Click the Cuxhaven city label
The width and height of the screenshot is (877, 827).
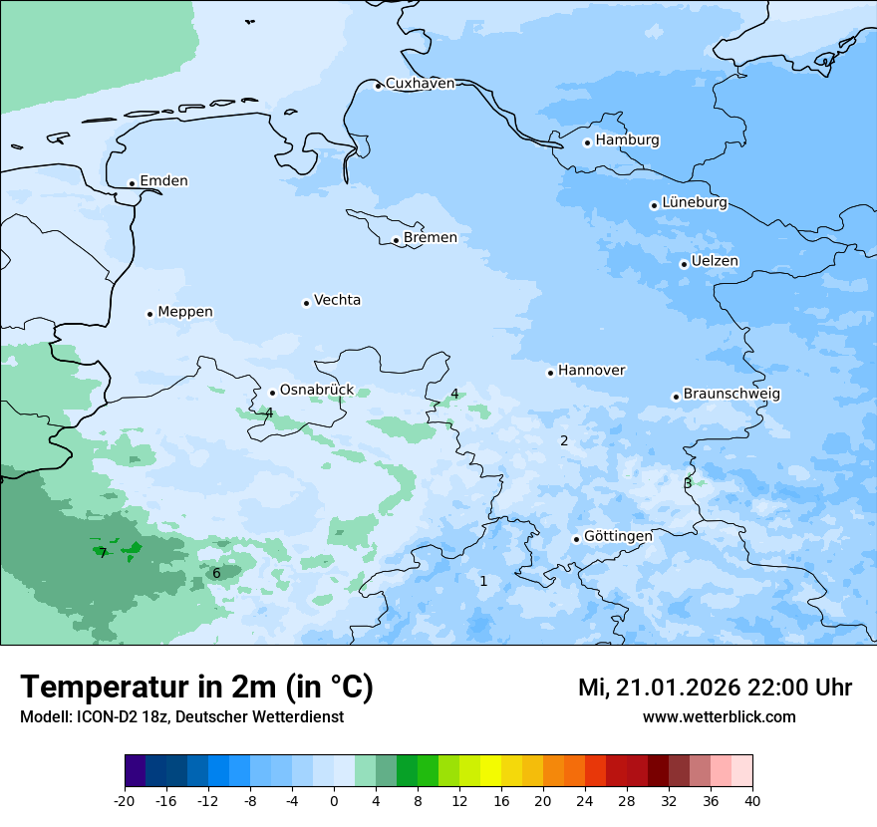[420, 84]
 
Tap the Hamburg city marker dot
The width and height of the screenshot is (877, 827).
[588, 142]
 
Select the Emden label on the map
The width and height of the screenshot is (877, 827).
[163, 181]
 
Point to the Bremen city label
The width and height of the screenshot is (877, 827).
[431, 238]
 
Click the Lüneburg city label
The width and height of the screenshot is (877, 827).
[695, 203]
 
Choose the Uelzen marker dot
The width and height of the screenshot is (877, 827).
[685, 264]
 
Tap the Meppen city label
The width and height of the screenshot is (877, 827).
[185, 312]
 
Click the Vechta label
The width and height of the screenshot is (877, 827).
[337, 300]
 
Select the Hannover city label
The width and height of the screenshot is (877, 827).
[591, 371]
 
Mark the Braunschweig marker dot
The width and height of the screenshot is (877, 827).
[676, 397]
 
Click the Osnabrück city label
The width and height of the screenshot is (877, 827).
[317, 391]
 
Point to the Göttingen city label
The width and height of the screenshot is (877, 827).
[618, 536]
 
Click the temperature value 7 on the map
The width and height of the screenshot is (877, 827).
[103, 553]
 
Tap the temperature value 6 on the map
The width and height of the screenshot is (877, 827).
[216, 573]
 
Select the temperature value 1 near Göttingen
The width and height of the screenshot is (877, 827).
[484, 581]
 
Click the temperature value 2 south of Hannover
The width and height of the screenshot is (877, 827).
[564, 440]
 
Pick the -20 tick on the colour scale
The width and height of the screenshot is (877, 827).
[125, 801]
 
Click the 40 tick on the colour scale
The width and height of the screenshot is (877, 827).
[751, 801]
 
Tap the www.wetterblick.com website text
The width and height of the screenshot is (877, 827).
[719, 717]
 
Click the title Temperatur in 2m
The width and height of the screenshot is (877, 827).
[196, 688]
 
